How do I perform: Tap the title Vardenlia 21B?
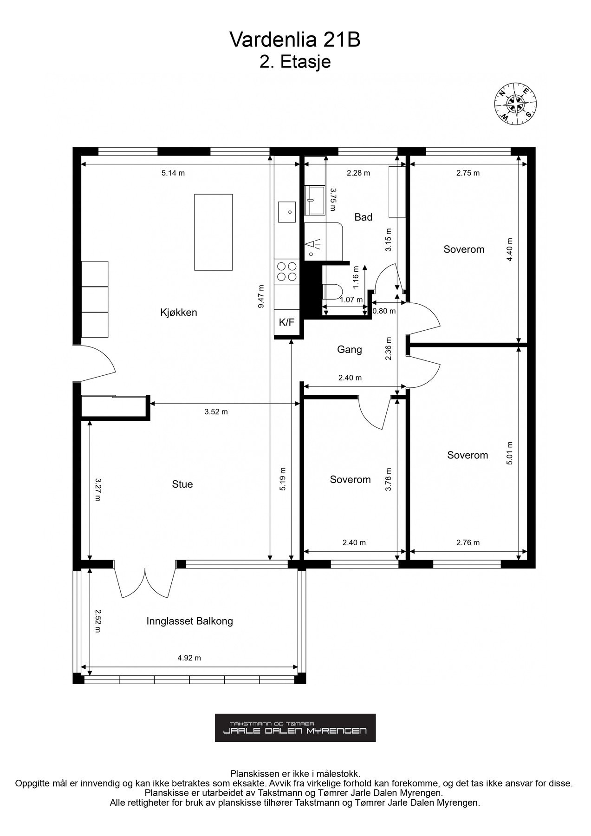[295, 41]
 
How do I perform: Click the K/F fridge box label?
[286, 322]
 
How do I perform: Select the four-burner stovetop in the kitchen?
[286, 272]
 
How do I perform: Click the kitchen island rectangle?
[214, 232]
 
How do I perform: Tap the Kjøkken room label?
[179, 313]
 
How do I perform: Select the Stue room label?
[182, 484]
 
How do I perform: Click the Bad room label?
[364, 217]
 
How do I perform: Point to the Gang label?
[350, 350]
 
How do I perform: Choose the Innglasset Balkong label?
[190, 621]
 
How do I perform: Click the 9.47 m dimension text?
[261, 296]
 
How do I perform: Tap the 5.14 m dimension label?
[173, 173]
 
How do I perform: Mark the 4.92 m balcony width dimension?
[189, 658]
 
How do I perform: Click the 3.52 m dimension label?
[216, 411]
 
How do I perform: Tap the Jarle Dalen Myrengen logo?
[295, 728]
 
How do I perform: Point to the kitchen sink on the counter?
[287, 212]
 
